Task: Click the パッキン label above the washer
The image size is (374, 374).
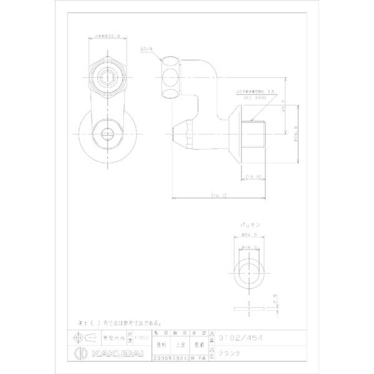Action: point(247,224)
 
